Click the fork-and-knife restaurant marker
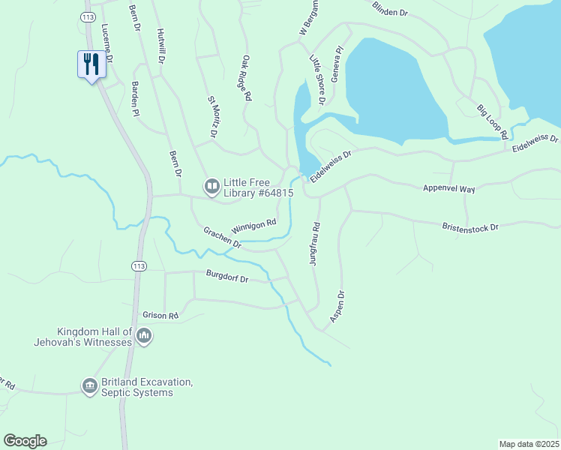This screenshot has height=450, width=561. click(x=91, y=64)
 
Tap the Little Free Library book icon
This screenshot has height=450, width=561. click(x=212, y=185)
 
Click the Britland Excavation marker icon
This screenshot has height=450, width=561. click(x=89, y=385)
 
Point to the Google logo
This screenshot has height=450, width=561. click(x=25, y=441)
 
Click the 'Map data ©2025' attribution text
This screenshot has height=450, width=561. click(x=529, y=444)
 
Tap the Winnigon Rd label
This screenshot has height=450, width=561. click(x=254, y=225)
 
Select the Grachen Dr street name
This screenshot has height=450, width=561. click(x=222, y=238)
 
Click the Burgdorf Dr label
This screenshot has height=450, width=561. click(x=227, y=277)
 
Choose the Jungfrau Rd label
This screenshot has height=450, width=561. click(x=315, y=244)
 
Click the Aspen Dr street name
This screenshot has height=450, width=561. click(x=336, y=307)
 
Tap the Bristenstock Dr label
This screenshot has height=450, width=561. click(x=470, y=226)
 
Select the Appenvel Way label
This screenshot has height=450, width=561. click(x=449, y=190)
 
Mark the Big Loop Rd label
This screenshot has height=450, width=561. click(x=493, y=122)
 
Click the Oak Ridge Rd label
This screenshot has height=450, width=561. click(x=247, y=77)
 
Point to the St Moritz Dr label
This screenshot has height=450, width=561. click(x=212, y=116)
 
